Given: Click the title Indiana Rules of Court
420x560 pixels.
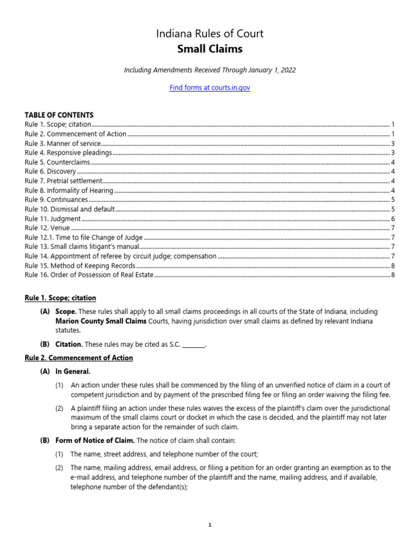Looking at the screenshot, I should coord(210,34).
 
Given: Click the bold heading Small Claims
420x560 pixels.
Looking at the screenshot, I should coord(210,50).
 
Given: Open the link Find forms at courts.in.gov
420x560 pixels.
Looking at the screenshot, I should coord(210,87).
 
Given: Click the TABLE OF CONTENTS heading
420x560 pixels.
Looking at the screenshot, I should coord(59,115).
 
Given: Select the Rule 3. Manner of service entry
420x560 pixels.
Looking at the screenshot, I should coord(63,144).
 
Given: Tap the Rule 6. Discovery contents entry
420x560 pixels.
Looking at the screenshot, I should coord(50,172).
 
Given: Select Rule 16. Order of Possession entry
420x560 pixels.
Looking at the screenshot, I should coord(89,275).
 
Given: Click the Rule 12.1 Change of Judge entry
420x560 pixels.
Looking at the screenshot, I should coord(84,237).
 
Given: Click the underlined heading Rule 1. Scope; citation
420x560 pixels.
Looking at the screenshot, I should coord(60,298).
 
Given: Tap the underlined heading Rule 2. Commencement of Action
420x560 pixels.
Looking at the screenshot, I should coord(79,358).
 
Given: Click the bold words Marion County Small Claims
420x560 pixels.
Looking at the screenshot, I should coord(101,322).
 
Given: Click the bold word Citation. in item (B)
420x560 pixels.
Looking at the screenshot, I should coord(69,345).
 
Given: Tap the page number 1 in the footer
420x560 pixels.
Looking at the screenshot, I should coord(210,525).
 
